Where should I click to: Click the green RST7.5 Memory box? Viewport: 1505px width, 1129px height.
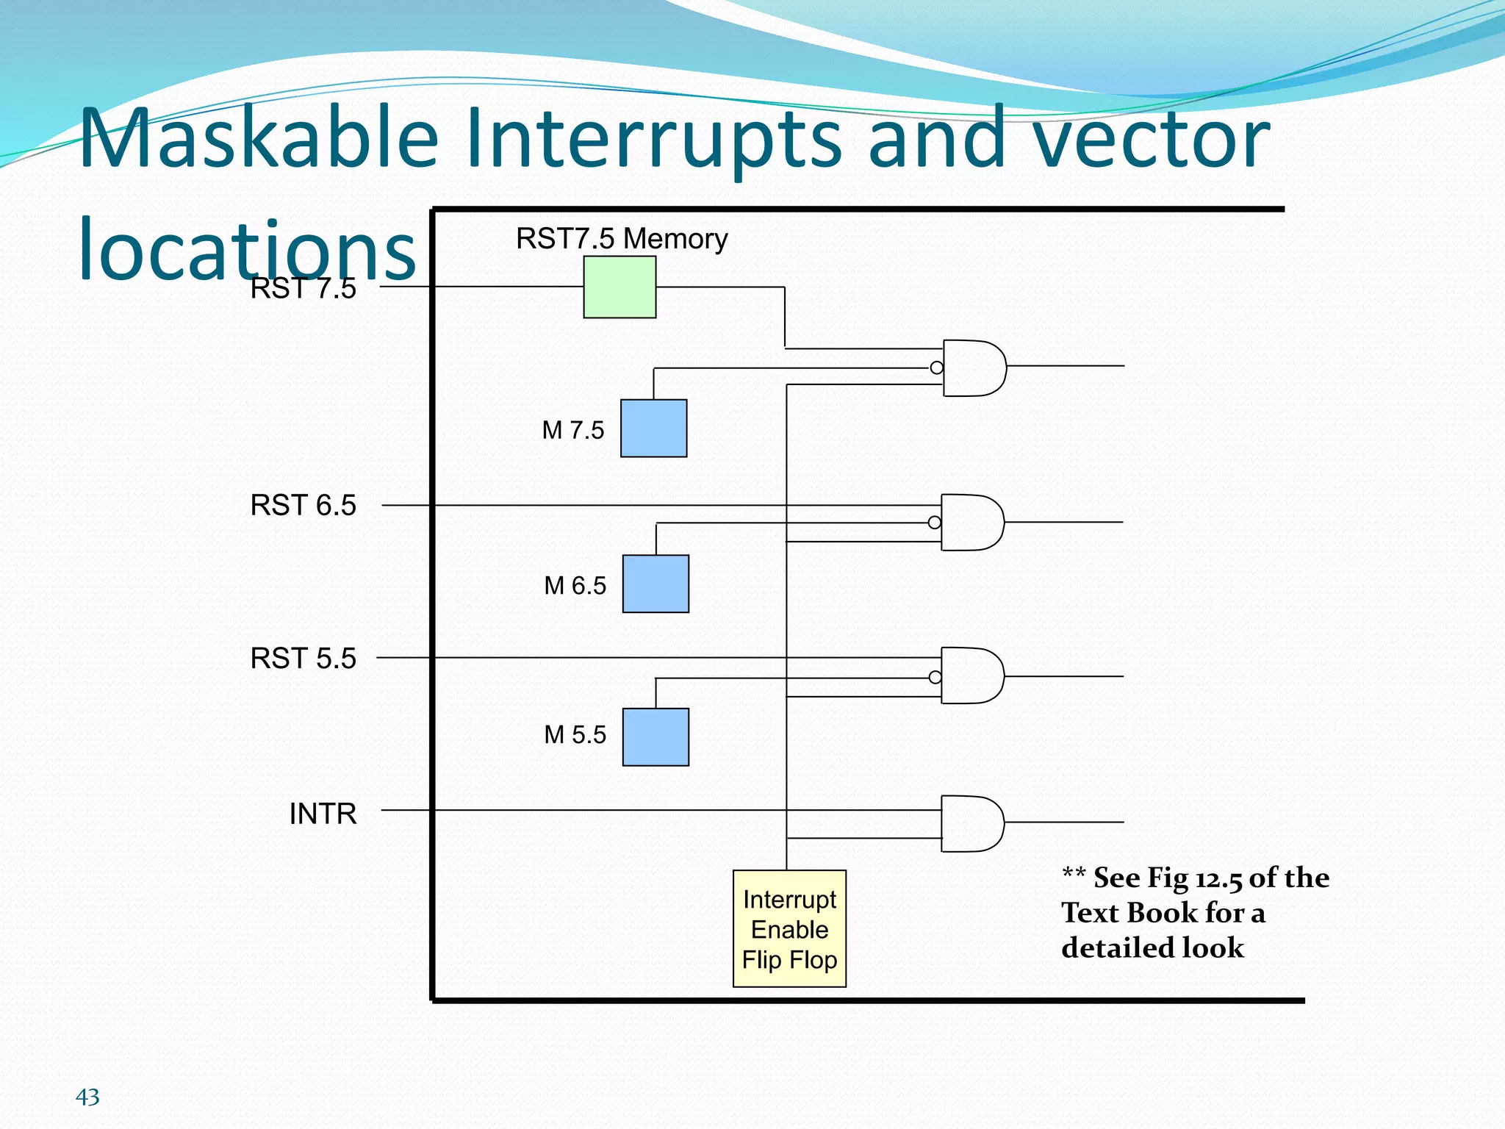click(619, 287)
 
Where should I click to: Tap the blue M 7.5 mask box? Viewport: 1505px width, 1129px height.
click(653, 429)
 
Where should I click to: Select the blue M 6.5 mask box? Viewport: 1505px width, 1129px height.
click(655, 584)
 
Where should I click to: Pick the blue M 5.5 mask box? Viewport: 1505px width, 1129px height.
click(655, 737)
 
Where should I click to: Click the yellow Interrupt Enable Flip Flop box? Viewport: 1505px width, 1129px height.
click(789, 928)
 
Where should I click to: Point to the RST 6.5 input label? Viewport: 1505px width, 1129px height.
click(303, 506)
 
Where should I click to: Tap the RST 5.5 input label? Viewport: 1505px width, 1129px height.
click(303, 659)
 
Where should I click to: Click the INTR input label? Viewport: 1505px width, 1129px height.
click(323, 814)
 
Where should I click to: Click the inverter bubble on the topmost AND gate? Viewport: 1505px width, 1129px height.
click(936, 368)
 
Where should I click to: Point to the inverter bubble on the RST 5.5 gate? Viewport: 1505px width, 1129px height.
click(935, 677)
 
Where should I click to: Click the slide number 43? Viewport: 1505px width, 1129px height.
click(87, 1097)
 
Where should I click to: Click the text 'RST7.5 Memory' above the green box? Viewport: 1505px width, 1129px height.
click(621, 239)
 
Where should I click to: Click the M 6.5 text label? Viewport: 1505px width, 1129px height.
click(575, 586)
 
